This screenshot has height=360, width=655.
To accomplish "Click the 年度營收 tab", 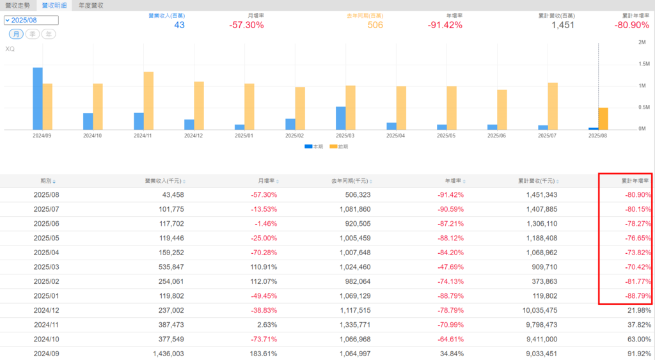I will coord(91,5).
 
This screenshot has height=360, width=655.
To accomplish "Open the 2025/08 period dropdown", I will coord(31,20).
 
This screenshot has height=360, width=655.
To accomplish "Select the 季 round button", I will coord(33,34).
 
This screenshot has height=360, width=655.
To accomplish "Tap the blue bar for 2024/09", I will coord(38,98).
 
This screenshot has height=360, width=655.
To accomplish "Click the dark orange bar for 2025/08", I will coord(603,118).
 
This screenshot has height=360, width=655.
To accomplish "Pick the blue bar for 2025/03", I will coord(341,118).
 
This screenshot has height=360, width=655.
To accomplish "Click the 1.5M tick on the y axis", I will coord(644,64).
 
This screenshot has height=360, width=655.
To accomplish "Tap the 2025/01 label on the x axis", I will coord(244,136).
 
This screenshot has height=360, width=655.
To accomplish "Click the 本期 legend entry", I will coord(313,146).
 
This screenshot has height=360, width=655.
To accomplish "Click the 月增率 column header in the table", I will coord(265,181).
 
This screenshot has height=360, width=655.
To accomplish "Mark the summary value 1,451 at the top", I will coord(563,25).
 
